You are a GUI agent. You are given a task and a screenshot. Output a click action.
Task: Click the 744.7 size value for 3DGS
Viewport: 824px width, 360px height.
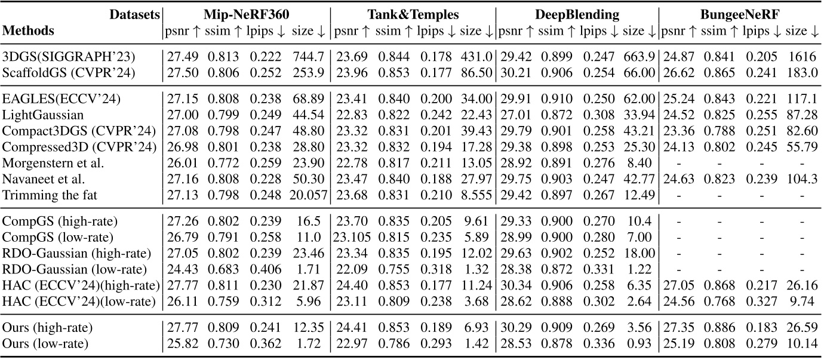click(308, 57)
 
